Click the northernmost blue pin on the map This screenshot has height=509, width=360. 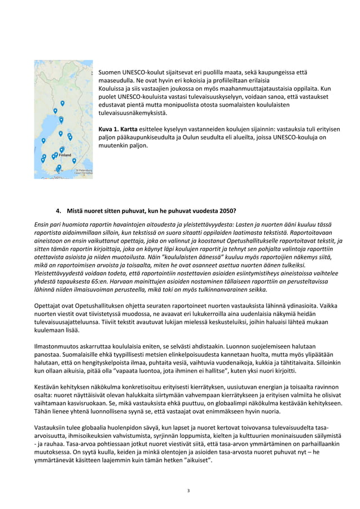click(62, 103)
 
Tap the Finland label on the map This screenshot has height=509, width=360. click(65, 155)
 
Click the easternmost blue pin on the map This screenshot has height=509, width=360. click(74, 161)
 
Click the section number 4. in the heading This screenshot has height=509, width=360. click(59, 212)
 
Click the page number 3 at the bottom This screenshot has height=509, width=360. click(188, 490)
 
